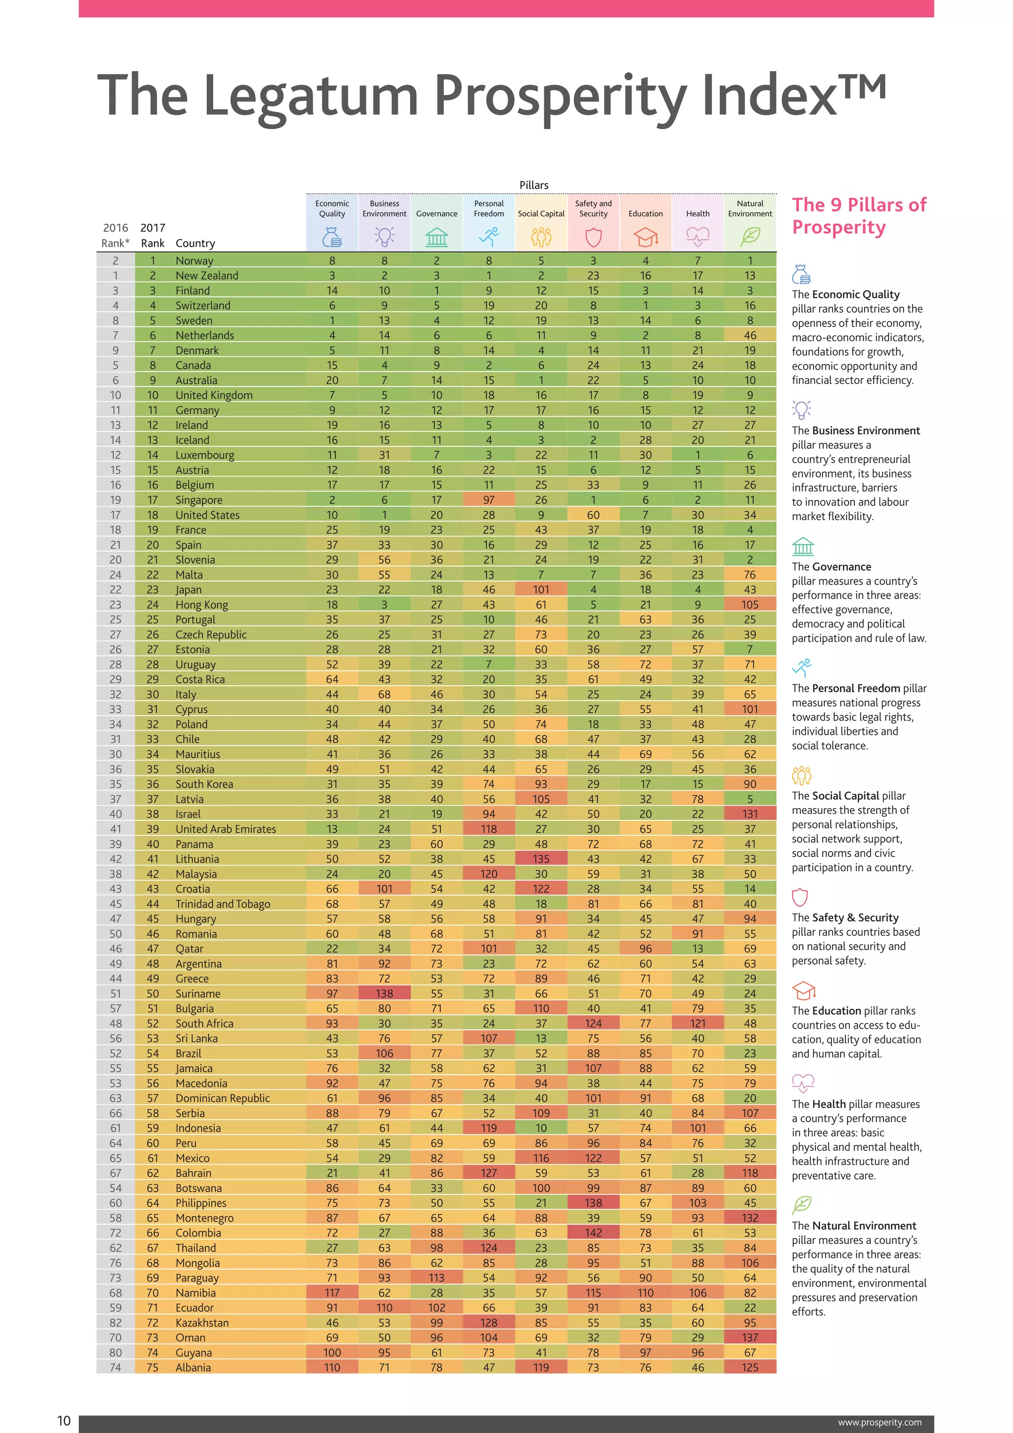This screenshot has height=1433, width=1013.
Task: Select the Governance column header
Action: pyautogui.click(x=437, y=213)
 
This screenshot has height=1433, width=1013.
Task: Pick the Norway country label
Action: pyautogui.click(x=194, y=261)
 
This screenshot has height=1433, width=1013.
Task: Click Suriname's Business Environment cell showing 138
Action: pyautogui.click(x=384, y=994)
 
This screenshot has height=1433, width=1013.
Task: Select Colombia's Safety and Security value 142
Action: pyautogui.click(x=593, y=1233)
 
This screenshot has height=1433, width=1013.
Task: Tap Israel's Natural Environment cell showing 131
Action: pyautogui.click(x=750, y=814)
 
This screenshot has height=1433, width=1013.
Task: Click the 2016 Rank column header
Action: pyautogui.click(x=115, y=236)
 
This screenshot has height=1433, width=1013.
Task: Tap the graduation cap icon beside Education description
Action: pyautogui.click(x=803, y=991)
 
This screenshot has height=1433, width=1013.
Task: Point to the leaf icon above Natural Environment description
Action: pyautogui.click(x=801, y=1204)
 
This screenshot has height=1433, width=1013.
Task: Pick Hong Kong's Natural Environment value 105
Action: pyautogui.click(x=750, y=605)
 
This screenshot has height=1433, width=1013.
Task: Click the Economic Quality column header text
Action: pyautogui.click(x=332, y=208)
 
